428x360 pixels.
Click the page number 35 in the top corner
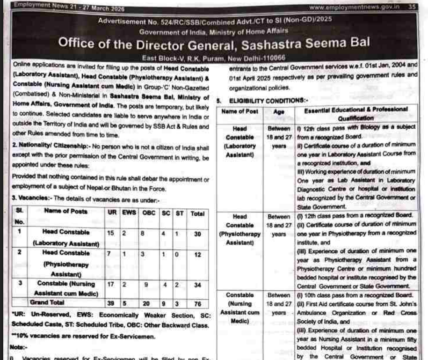(412, 7)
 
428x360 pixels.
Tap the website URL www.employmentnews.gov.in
(355, 7)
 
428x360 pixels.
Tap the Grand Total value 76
(197, 303)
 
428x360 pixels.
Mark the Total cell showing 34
(197, 284)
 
